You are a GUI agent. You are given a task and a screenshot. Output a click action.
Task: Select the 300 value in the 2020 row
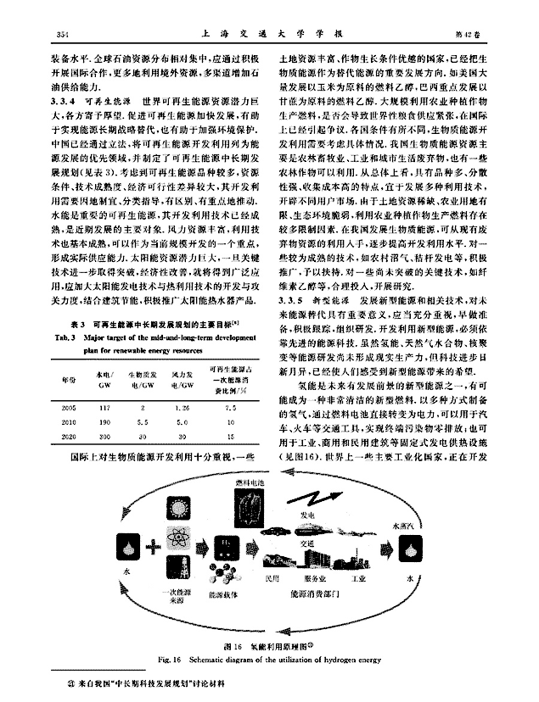[x=106, y=436]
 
